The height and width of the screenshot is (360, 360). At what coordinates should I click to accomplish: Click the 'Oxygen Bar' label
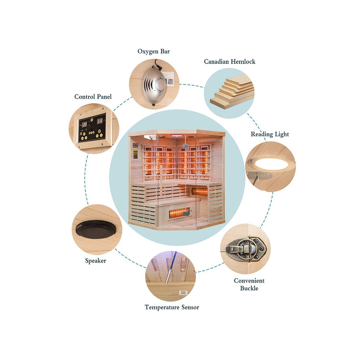(154, 52)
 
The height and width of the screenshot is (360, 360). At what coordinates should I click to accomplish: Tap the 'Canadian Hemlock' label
(230, 62)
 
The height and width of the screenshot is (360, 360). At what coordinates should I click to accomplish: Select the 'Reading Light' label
(270, 134)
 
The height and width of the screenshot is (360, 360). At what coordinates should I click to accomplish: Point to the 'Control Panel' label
(93, 96)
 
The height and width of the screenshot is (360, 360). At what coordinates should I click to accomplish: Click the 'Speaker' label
(95, 261)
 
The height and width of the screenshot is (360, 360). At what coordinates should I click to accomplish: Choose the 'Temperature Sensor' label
(172, 307)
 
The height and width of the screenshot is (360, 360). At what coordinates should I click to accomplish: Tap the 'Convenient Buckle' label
(249, 284)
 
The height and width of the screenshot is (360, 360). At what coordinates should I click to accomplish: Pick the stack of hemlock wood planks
(233, 92)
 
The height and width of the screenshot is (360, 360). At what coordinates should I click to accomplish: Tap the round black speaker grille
(94, 229)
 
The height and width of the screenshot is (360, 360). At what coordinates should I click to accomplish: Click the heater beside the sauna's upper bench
(200, 192)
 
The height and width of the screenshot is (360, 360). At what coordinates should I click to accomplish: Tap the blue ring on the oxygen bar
(161, 85)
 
